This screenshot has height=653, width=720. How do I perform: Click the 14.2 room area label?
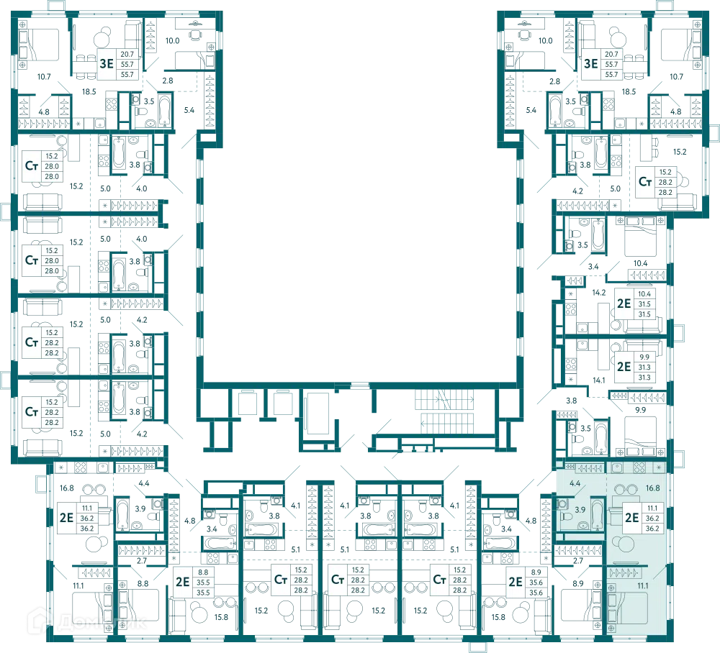point(599,292)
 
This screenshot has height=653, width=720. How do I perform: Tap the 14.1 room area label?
point(599,380)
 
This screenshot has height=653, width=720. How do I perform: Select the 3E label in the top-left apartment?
point(107,64)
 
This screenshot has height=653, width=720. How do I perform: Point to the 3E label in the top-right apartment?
point(590,64)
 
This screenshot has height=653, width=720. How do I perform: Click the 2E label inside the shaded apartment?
point(632,518)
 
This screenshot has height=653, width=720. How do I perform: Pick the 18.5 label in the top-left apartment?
point(89,92)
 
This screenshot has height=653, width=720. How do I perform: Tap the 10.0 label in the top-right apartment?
point(546,41)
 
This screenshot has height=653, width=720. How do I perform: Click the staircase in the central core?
point(444,411)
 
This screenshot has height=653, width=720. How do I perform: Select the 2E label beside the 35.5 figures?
point(183,582)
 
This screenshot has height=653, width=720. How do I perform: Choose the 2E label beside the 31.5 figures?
point(624,303)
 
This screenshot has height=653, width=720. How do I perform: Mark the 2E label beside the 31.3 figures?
point(624,367)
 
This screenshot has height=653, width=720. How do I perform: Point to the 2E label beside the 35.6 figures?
point(516,582)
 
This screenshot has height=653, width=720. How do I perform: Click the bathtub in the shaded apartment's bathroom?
point(597,514)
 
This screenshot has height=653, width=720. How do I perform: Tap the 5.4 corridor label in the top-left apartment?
point(189,110)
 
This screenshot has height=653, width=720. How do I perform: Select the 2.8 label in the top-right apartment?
point(554,81)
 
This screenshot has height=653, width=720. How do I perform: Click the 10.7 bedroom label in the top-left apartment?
point(44,76)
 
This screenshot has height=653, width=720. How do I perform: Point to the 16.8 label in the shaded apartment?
point(652,488)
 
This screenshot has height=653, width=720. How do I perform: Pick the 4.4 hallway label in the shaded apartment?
point(575,483)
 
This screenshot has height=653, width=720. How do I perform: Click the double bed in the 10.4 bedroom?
point(640,236)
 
